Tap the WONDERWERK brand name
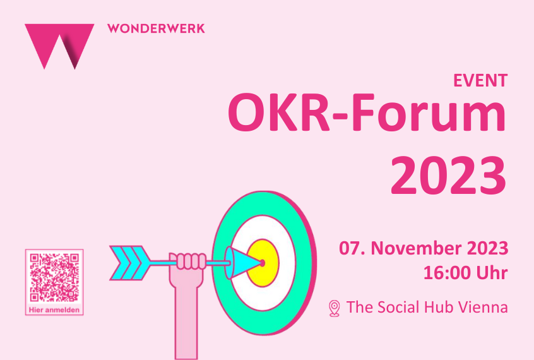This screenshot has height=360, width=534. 156,28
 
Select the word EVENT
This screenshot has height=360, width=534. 480,80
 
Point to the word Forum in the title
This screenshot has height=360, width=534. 428,112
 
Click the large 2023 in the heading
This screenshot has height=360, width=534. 448,175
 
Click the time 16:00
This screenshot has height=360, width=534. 446,273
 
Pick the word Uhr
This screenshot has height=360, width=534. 492,273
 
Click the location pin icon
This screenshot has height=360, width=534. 335,308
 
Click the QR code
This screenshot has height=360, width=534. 54,277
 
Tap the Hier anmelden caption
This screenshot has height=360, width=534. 54,310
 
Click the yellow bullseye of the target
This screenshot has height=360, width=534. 264,263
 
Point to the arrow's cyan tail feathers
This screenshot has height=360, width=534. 130,263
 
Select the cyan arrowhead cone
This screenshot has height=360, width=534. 244,263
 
